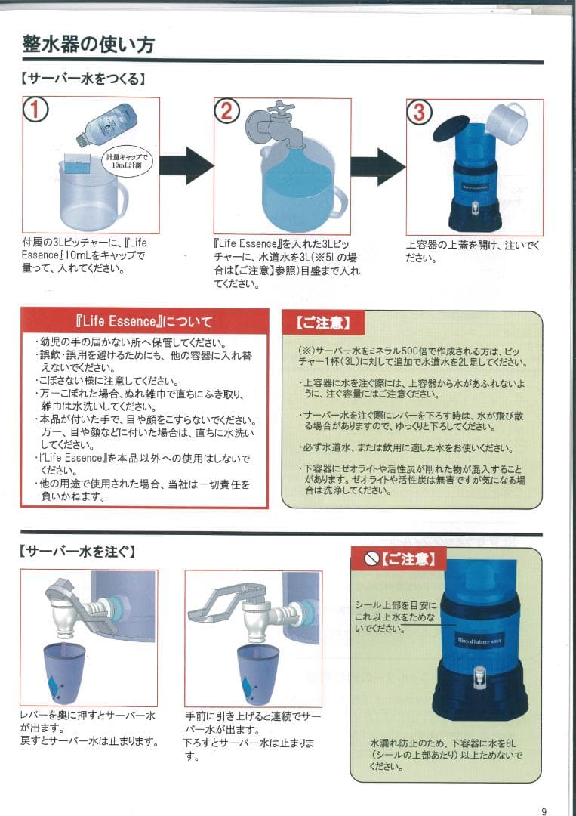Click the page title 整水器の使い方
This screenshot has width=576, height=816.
[88, 45]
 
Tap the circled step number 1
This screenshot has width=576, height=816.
[36, 111]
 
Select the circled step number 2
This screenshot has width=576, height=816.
[226, 111]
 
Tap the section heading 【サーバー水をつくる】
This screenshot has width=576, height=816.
[82, 78]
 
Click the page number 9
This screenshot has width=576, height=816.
[544, 811]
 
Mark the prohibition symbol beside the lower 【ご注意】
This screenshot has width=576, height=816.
[371, 559]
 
